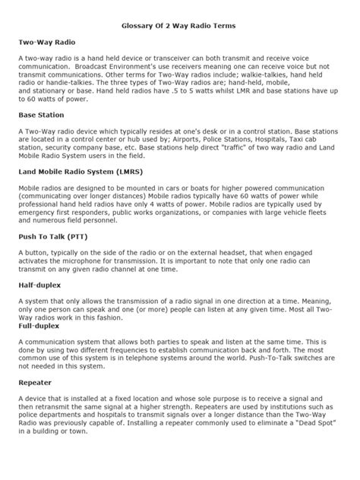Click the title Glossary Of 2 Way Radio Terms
point(180,27)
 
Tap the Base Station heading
point(44,115)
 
